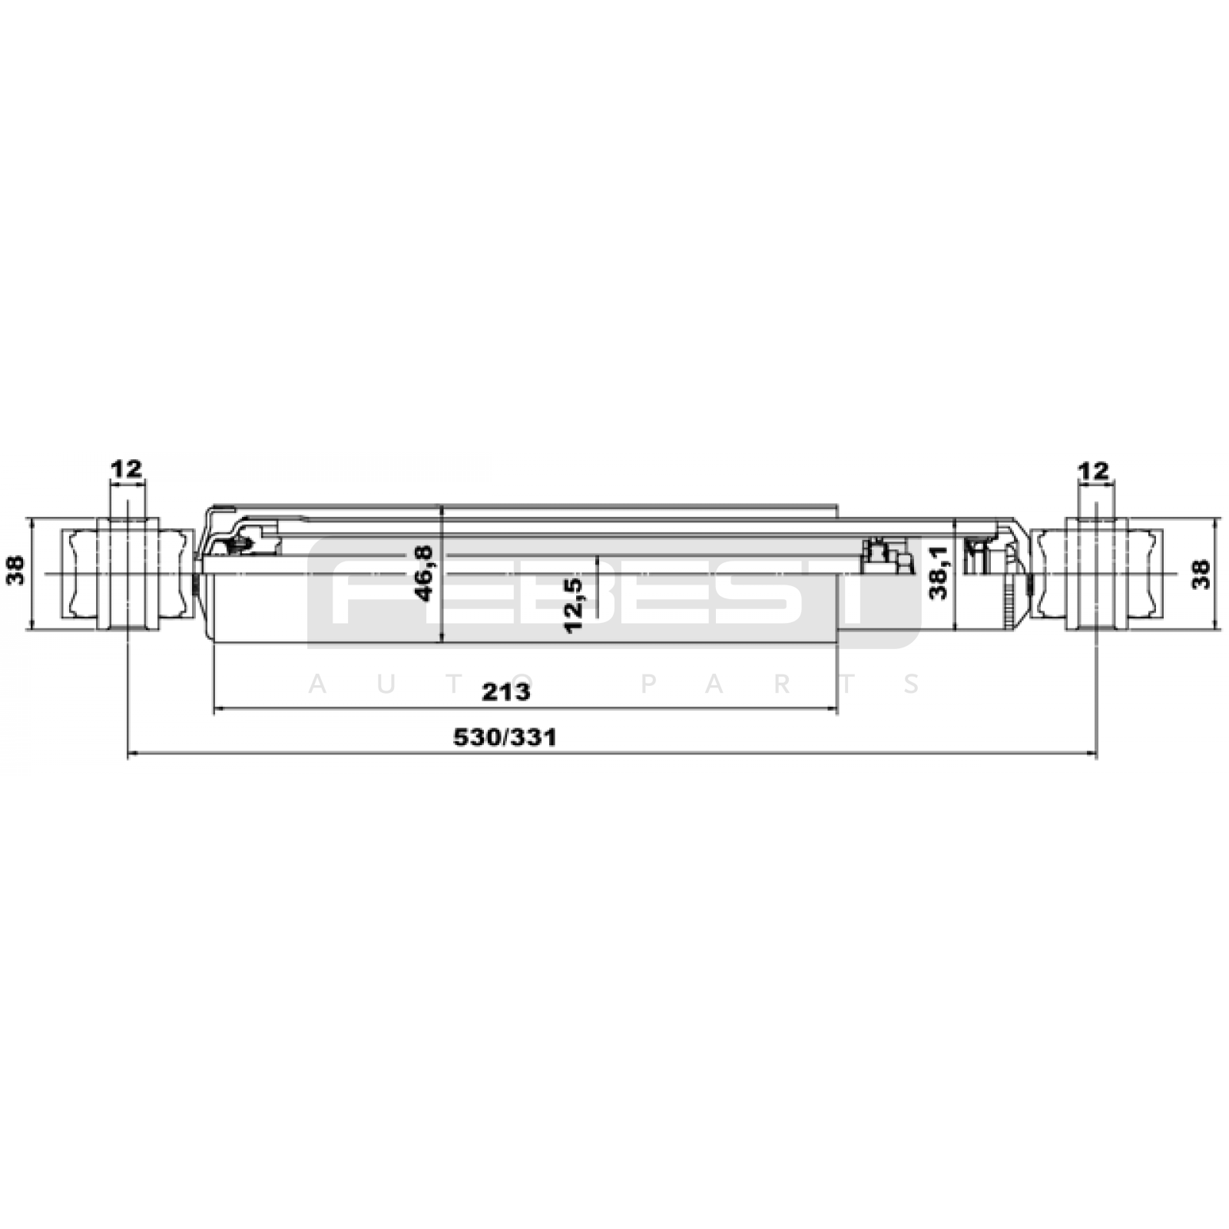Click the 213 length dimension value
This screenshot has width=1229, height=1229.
(505, 692)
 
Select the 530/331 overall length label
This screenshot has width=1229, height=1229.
(505, 738)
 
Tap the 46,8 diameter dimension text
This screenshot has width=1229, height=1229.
(423, 573)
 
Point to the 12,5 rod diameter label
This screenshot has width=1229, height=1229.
(573, 605)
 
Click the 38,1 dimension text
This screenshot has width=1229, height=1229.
(939, 572)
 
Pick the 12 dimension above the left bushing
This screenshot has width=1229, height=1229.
(127, 469)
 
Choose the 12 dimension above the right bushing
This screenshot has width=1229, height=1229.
(1094, 471)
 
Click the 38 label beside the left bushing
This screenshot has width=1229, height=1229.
(15, 570)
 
